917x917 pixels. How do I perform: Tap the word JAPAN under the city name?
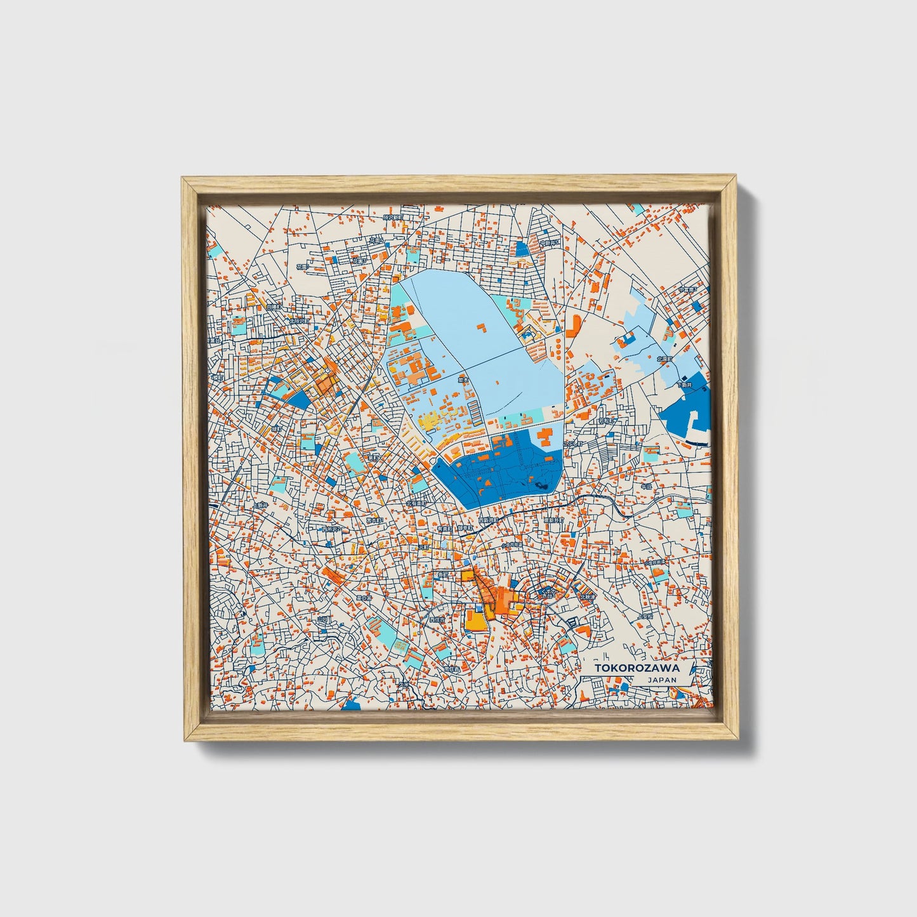661,680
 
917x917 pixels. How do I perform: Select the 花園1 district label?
359,261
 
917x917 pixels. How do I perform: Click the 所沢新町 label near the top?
393,218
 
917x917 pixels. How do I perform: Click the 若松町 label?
607,421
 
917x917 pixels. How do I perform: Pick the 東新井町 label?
553,520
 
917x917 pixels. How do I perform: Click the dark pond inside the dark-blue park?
543,485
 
